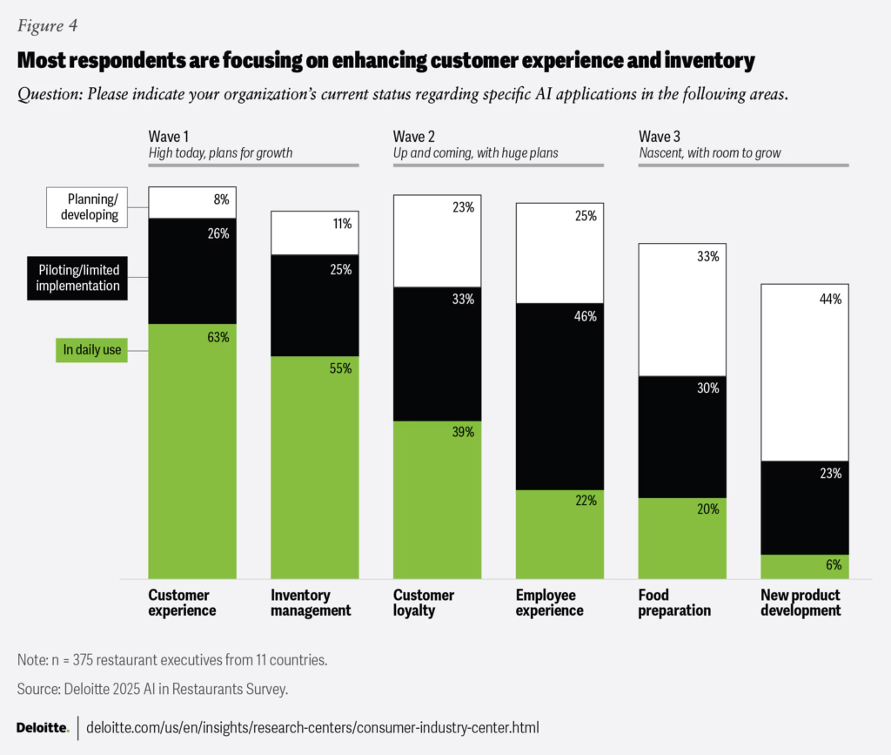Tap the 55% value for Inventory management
tap(341, 369)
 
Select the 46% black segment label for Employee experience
tap(586, 317)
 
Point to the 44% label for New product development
tap(830, 299)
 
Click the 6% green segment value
tap(834, 564)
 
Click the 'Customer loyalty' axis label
tap(423, 603)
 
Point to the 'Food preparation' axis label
tap(674, 603)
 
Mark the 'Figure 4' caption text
tap(48, 25)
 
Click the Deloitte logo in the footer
tap(43, 727)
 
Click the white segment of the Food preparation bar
tap(682, 309)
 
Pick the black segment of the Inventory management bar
tap(315, 305)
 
